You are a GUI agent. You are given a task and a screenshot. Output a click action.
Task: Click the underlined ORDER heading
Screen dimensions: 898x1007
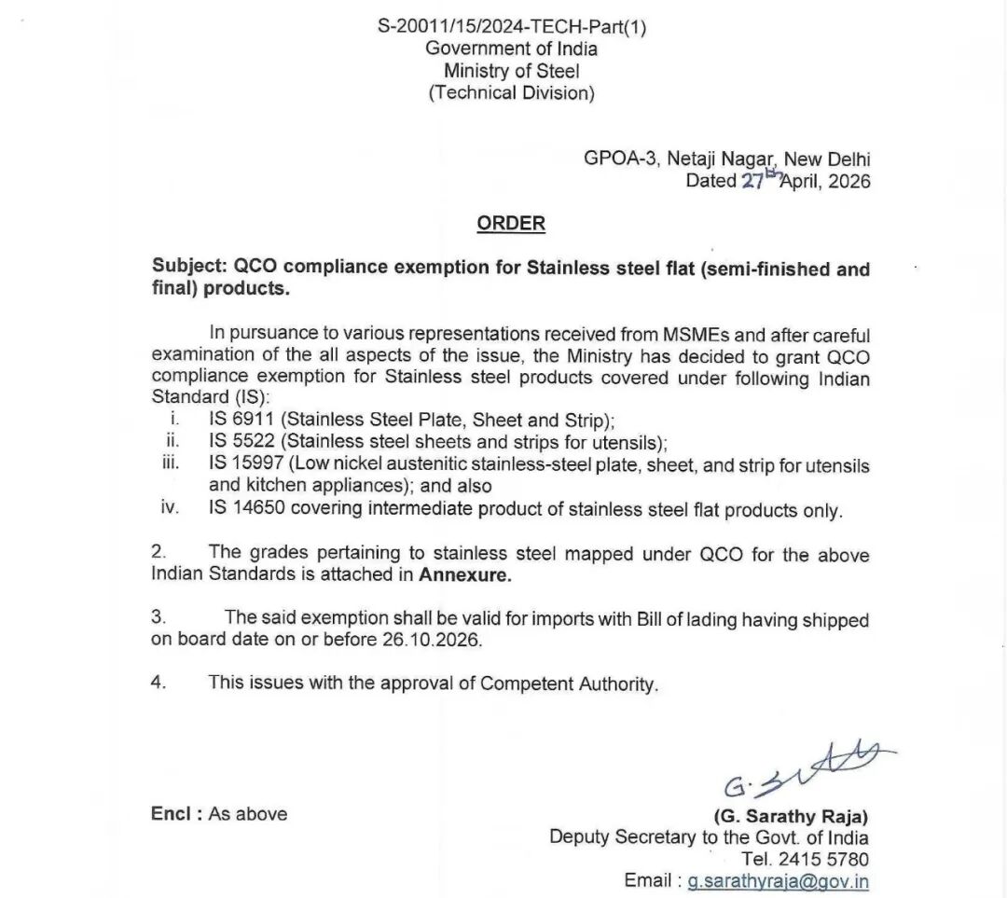[x=511, y=224]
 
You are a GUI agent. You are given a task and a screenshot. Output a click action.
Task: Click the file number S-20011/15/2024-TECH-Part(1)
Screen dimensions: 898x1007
[x=512, y=27]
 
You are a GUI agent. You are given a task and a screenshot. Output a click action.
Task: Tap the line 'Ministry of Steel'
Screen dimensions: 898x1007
[x=511, y=71]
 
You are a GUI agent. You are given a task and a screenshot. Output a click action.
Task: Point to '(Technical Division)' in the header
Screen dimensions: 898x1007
[x=511, y=93]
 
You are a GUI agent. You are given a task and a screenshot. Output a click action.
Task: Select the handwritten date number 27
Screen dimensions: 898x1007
[x=752, y=182]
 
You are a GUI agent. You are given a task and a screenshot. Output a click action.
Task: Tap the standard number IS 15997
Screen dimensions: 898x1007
[x=244, y=464]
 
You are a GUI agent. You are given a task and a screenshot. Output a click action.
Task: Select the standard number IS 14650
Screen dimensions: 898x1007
[x=244, y=510]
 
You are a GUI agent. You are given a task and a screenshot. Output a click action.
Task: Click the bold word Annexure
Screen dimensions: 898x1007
[x=465, y=575]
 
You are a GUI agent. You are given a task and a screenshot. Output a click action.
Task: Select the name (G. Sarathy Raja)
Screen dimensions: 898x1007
[x=790, y=816]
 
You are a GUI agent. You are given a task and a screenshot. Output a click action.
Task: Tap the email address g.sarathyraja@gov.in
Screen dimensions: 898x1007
[x=779, y=880]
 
